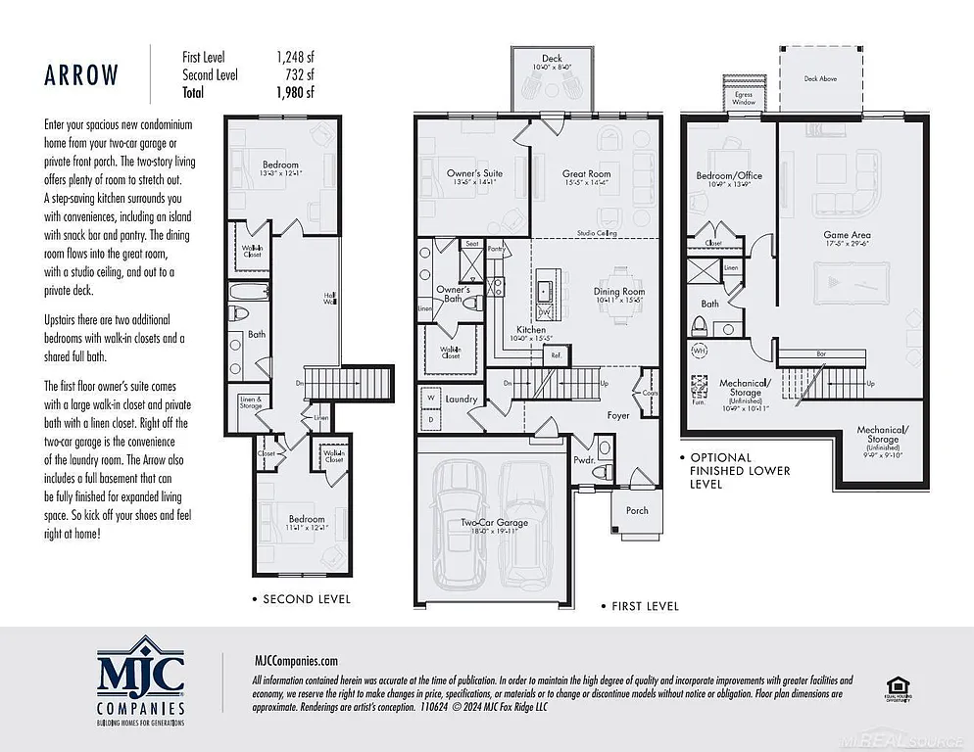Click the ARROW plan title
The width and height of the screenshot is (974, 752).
(x=81, y=75)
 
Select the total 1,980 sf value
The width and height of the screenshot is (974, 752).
(x=295, y=93)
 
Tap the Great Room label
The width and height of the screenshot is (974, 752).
(x=586, y=174)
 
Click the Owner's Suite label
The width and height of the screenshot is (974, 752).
(x=473, y=174)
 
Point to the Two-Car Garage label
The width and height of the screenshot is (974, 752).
(x=495, y=523)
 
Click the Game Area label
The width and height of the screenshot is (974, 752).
(x=847, y=236)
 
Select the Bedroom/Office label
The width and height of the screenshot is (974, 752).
(x=728, y=176)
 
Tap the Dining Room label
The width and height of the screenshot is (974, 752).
(x=619, y=292)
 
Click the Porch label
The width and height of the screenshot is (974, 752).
(x=637, y=510)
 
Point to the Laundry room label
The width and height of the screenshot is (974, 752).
(x=461, y=399)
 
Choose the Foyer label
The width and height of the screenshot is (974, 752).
(x=618, y=415)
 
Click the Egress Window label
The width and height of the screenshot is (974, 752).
(x=744, y=98)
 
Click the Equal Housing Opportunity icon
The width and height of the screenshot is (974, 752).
(x=895, y=687)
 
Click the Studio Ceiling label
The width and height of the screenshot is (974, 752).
(x=596, y=234)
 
